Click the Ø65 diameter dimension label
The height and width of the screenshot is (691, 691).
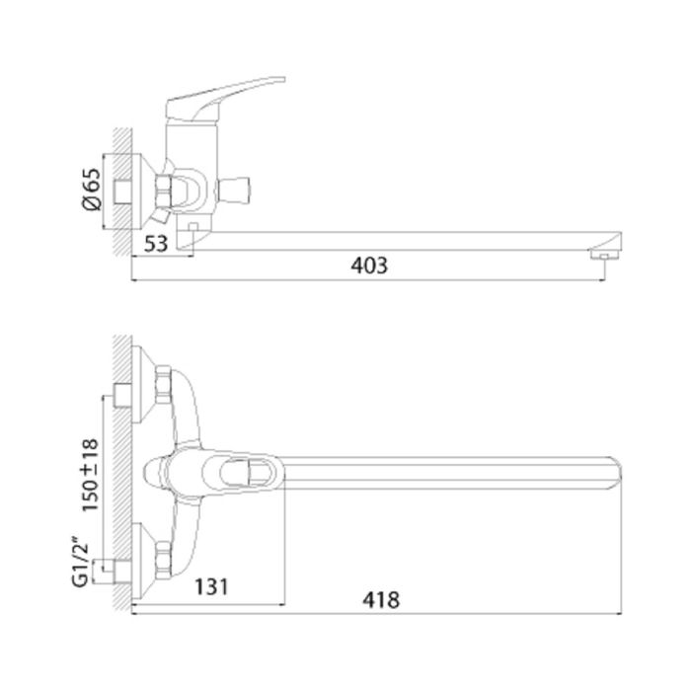pos(92,190)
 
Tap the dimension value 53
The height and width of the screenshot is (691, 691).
pos(156,243)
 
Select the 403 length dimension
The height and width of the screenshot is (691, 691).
pos(369,266)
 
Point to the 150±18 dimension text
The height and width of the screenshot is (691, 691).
pos(91,475)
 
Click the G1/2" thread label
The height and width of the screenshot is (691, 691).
pos(81,562)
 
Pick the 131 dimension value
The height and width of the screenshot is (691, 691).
pos(211,586)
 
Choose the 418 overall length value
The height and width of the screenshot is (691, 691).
pos(381,600)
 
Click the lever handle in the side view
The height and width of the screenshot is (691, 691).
pos(225,99)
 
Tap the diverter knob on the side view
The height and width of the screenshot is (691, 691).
pos(235,190)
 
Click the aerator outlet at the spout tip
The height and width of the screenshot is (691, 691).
pos(604,255)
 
